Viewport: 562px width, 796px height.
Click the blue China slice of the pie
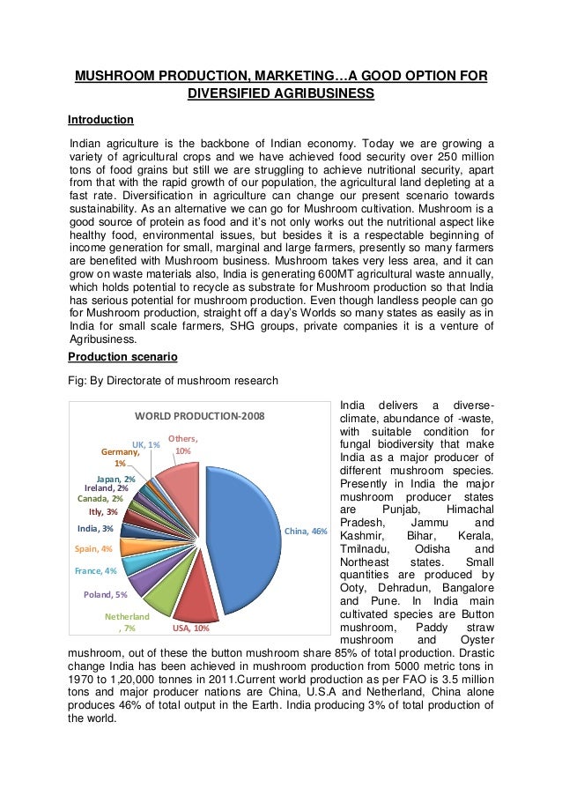click(x=242, y=538)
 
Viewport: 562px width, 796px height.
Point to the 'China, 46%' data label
click(x=305, y=532)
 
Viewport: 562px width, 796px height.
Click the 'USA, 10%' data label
click(x=190, y=629)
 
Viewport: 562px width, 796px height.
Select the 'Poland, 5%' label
click(x=105, y=594)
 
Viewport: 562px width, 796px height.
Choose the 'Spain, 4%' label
click(x=92, y=548)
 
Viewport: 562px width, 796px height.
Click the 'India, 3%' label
click(x=94, y=528)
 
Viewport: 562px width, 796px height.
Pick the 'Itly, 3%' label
click(x=103, y=511)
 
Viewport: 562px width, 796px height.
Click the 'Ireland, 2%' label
click(x=106, y=487)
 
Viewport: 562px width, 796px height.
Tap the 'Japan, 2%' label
click(x=115, y=478)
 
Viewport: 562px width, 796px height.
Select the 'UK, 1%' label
click(x=145, y=444)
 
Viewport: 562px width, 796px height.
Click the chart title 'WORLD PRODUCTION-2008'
click(x=198, y=416)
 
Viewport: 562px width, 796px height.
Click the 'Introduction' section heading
click(x=100, y=119)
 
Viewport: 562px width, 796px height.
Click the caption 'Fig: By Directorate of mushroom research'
click(x=173, y=381)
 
